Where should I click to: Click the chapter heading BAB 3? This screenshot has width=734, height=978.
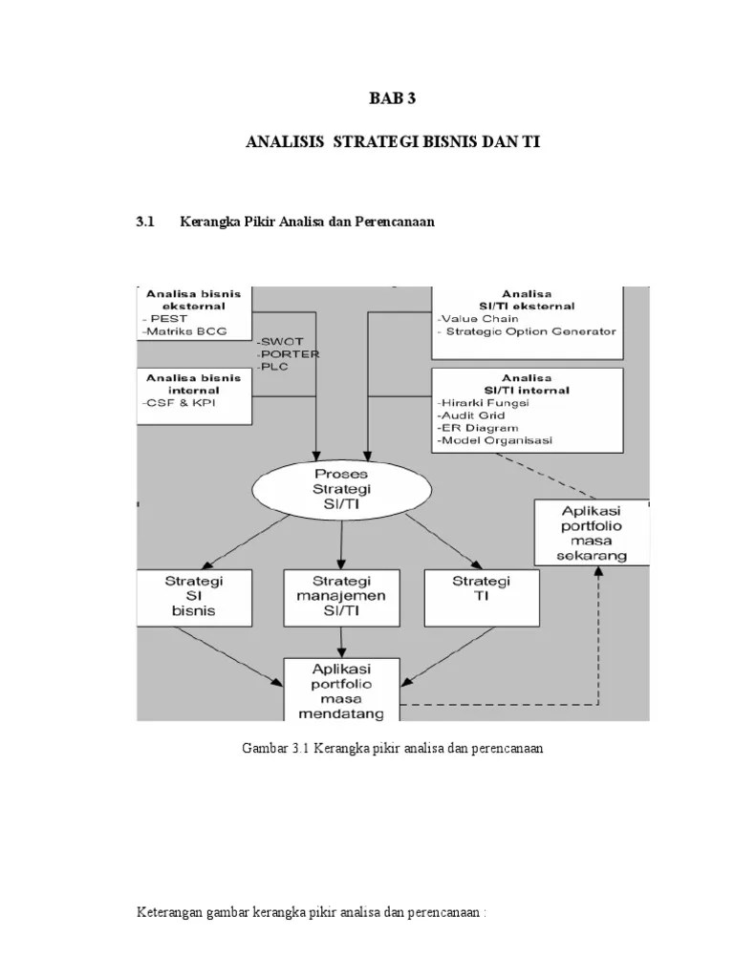[393, 97]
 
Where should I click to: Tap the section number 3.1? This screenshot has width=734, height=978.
[146, 222]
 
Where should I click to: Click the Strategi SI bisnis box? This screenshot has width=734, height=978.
[194, 597]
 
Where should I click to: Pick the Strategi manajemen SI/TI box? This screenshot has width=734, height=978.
[342, 597]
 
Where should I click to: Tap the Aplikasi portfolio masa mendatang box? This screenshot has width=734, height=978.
[341, 687]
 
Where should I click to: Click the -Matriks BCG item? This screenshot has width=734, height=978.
[181, 331]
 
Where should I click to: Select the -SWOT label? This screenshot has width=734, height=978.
[279, 341]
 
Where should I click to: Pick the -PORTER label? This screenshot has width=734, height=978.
[288, 353]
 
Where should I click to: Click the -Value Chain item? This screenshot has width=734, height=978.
[478, 319]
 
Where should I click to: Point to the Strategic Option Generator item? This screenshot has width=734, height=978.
[530, 331]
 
